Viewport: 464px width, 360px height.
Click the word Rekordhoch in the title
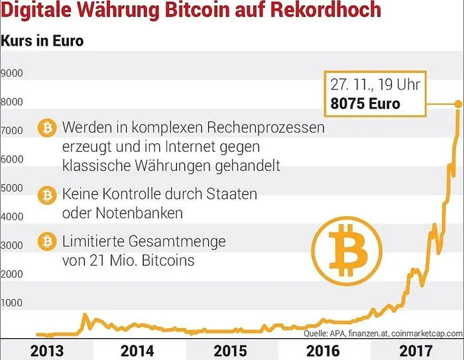coord(323,11)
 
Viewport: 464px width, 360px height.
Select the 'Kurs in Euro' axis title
coord(42,41)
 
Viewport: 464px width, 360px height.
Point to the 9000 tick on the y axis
coord(13,73)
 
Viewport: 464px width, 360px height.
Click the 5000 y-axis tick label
coord(13,188)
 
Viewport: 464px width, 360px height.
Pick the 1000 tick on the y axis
coord(13,303)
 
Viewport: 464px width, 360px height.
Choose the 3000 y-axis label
coord(13,245)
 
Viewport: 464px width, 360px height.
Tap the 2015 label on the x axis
coord(230,349)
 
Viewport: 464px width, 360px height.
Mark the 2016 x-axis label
coord(323,349)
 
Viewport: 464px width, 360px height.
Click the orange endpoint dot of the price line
coord(458,103)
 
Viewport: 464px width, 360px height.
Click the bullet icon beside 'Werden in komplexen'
coord(47,127)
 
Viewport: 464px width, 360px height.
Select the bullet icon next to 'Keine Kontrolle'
coord(47,196)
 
